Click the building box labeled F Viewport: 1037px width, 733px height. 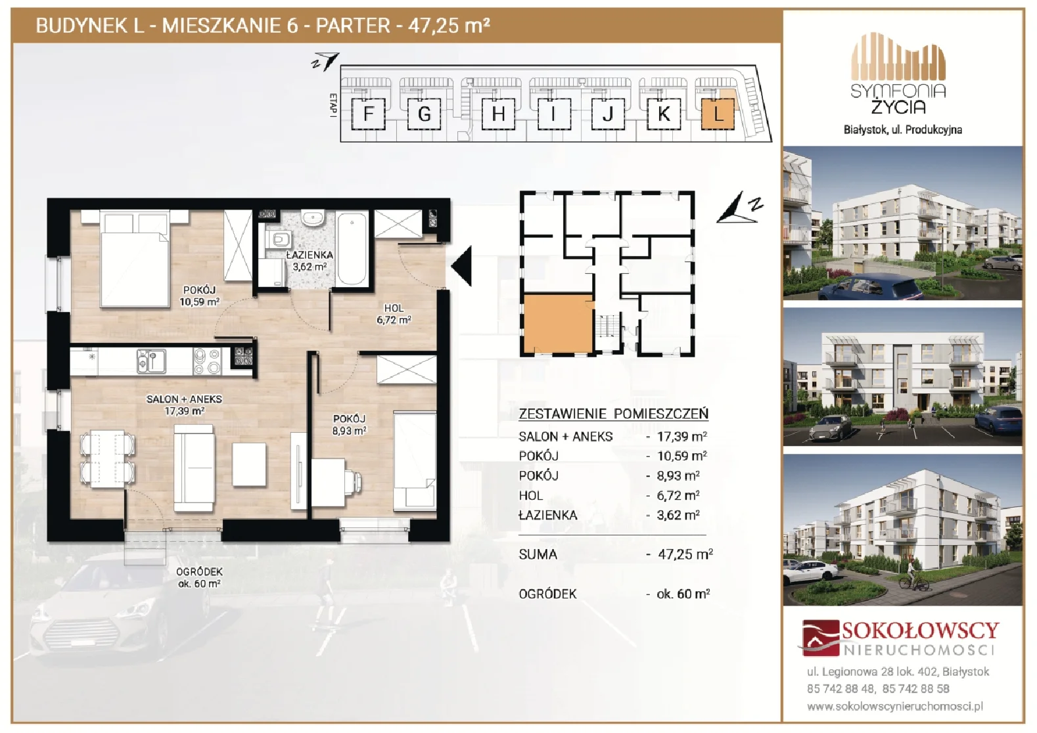[x=369, y=114]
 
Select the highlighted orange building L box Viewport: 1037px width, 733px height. [x=718, y=114]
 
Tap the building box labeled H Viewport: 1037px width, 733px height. [x=498, y=114]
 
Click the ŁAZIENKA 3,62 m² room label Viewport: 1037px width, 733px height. [x=310, y=261]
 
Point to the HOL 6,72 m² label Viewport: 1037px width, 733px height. [x=394, y=314]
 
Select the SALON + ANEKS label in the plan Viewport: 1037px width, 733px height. [x=184, y=399]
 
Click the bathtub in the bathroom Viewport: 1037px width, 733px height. [x=352, y=249]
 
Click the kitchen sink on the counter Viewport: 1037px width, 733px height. [x=151, y=361]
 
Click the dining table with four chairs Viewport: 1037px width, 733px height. [x=107, y=458]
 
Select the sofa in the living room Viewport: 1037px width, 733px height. [x=195, y=468]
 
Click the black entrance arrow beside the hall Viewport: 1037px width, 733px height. [x=461, y=266]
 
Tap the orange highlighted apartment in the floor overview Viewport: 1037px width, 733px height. [x=559, y=323]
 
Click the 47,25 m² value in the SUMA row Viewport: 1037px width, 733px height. [x=685, y=554]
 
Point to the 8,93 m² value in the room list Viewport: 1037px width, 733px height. [x=678, y=476]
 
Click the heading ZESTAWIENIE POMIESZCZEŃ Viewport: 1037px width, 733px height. [x=613, y=414]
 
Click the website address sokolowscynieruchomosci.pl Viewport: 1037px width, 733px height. [x=895, y=707]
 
